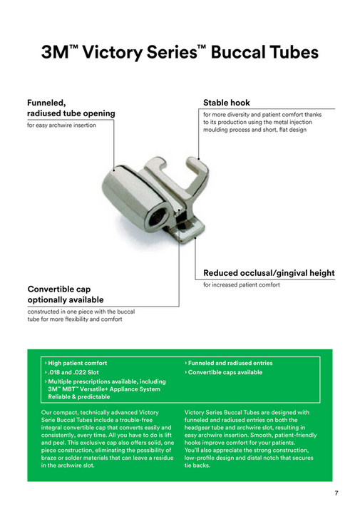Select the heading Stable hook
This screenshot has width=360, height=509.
click(227, 103)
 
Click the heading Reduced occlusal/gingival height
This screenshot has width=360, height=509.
click(269, 273)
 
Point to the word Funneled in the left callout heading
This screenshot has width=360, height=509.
click(51, 103)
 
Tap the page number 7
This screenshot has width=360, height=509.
click(336, 493)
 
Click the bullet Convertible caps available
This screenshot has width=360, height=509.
click(225, 372)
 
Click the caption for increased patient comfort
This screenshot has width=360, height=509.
click(242, 284)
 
